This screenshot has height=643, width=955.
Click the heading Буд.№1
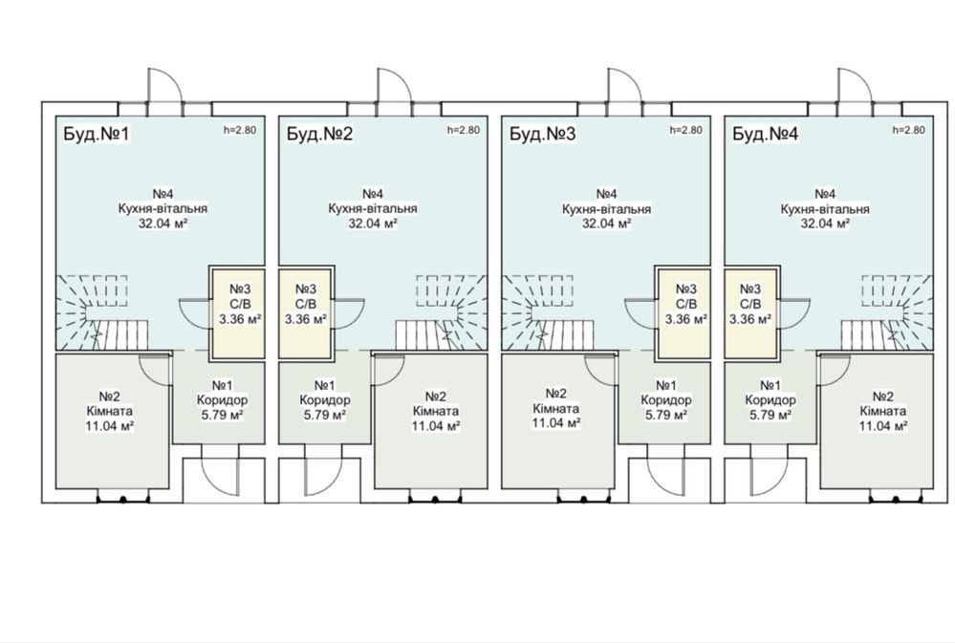click(97, 134)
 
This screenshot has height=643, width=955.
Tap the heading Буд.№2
click(319, 134)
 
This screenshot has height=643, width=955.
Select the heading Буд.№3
click(542, 134)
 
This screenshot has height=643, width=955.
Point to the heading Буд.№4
click(765, 134)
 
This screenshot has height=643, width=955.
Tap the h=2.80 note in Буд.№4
click(908, 130)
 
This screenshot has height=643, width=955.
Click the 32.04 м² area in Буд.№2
click(373, 223)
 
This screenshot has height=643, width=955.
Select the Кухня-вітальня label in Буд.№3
click(606, 209)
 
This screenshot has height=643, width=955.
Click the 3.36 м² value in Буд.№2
click(305, 318)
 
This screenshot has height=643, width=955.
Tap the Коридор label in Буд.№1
click(222, 400)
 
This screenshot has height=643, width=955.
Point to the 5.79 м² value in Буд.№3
click(665, 415)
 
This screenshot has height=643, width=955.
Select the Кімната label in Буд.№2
click(436, 411)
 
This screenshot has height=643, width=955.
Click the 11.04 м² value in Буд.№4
click(883, 425)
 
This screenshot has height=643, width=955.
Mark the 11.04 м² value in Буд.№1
click(110, 424)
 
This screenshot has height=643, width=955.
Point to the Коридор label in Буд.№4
click(771, 400)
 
